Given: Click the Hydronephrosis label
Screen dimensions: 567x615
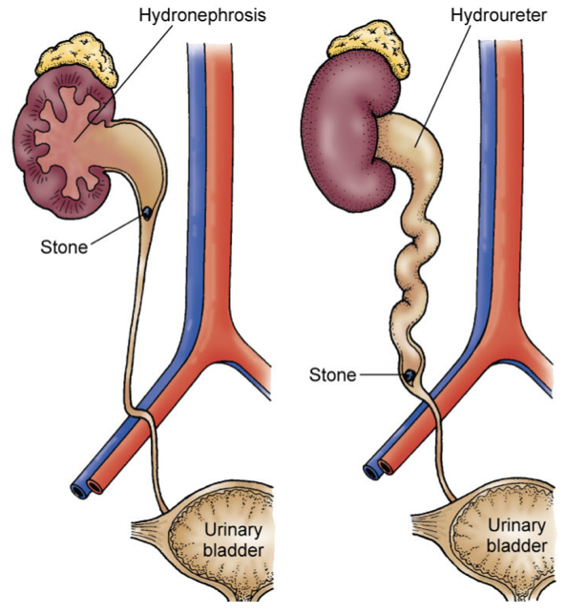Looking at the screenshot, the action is coord(202,16).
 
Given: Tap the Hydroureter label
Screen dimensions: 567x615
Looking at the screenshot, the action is coord(498,16).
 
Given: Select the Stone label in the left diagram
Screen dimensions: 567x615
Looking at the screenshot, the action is coord(64,247).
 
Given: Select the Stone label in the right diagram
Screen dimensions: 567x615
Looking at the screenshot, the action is coord(332,375).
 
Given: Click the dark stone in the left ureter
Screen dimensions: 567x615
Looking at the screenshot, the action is coord(147,213).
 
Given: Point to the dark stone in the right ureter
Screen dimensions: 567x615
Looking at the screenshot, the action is coord(409,376).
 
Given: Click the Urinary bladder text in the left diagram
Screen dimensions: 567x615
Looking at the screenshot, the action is coord(233,540).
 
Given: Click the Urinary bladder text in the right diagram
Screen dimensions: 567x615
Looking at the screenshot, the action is coord(516,536).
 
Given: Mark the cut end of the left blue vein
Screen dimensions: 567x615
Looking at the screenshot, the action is coord(79,491).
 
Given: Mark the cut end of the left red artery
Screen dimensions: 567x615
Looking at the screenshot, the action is coord(95,487).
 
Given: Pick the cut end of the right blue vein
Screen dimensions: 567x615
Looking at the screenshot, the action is coord(371,472).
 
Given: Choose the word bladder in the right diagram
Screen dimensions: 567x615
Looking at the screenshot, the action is coord(516,545).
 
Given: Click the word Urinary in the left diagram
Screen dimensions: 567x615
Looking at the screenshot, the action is coord(233,530).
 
